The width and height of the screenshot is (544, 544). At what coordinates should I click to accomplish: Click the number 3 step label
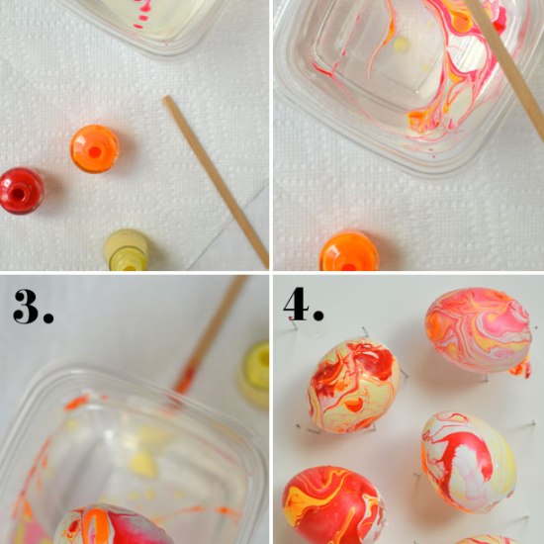coord(33,307)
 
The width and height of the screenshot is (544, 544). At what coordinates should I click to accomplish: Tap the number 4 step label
coord(304,305)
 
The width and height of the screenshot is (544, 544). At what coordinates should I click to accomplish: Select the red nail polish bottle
coord(21,191)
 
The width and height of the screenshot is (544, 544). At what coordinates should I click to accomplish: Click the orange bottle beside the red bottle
coord(94,148)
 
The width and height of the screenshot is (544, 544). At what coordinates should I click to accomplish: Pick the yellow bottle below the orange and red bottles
coord(127,250)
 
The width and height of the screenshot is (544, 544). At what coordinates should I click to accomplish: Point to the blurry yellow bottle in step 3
coord(254,374)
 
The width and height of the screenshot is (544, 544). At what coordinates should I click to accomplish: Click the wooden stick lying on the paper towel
coord(216,182)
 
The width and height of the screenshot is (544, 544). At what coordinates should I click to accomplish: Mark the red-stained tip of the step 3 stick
coord(185,379)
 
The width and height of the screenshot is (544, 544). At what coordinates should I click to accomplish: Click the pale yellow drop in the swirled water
coord(402,44)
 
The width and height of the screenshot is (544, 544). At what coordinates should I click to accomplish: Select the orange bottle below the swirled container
coord(349,251)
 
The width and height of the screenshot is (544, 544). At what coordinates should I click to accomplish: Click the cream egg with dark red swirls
coord(354,386)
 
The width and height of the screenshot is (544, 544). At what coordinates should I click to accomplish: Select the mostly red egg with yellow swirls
coord(333,504)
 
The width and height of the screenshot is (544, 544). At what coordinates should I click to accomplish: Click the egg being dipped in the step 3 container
coord(112,524)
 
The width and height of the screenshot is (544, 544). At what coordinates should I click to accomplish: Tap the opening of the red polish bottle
coord(18,193)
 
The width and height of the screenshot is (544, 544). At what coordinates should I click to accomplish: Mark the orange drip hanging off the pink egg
coord(521,369)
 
